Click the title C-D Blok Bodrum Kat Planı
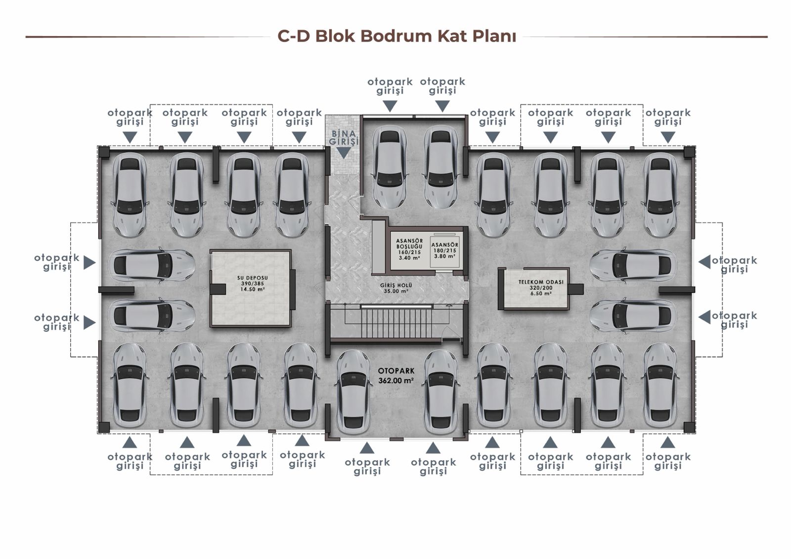tap(396, 37)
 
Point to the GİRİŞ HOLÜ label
tap(396, 286)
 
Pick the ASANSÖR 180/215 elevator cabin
tap(445, 250)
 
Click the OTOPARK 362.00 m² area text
tap(396, 376)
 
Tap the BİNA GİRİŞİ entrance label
tap(344, 137)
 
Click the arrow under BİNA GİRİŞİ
tap(344, 153)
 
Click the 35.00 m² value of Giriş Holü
tap(396, 292)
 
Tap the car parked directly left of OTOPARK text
tap(353, 393)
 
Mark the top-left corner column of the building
tap(103, 151)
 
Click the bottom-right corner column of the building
tap(689, 428)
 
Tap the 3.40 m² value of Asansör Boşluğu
tap(409, 258)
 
